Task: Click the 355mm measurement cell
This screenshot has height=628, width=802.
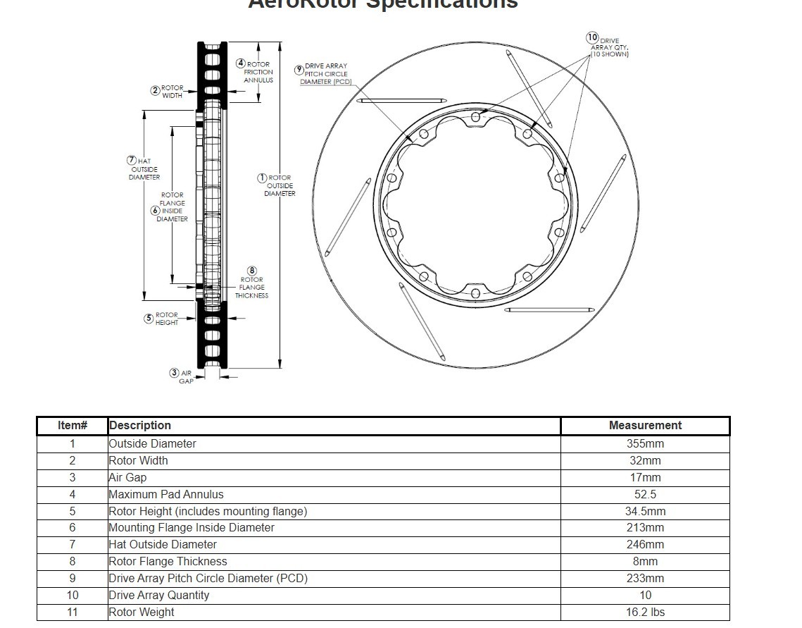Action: pyautogui.click(x=645, y=444)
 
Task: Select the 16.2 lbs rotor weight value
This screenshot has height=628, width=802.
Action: pyautogui.click(x=645, y=612)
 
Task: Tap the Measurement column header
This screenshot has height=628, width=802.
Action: pyautogui.click(x=645, y=426)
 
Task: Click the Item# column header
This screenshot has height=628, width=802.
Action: pyautogui.click(x=73, y=426)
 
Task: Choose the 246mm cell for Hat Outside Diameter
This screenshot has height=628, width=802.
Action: pyautogui.click(x=645, y=545)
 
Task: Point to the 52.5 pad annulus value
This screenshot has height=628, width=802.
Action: pyautogui.click(x=645, y=495)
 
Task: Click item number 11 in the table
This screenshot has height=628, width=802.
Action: pyautogui.click(x=73, y=612)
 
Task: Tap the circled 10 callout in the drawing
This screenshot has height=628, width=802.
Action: pyautogui.click(x=592, y=37)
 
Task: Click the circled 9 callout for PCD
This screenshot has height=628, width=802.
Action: pyautogui.click(x=299, y=69)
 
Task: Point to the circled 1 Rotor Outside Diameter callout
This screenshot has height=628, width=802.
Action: pyautogui.click(x=262, y=178)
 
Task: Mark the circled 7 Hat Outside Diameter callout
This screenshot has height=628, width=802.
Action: pyautogui.click(x=132, y=161)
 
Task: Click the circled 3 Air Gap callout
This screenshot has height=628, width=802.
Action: pyautogui.click(x=174, y=373)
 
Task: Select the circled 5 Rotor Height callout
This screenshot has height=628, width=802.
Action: pyautogui.click(x=149, y=319)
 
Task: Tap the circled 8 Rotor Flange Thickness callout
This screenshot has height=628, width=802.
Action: pyautogui.click(x=252, y=271)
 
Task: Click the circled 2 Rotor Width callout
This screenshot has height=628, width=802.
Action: pyautogui.click(x=155, y=90)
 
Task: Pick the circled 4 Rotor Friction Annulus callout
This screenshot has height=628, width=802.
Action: pyautogui.click(x=241, y=63)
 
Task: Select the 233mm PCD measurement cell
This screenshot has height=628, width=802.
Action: pyautogui.click(x=645, y=579)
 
